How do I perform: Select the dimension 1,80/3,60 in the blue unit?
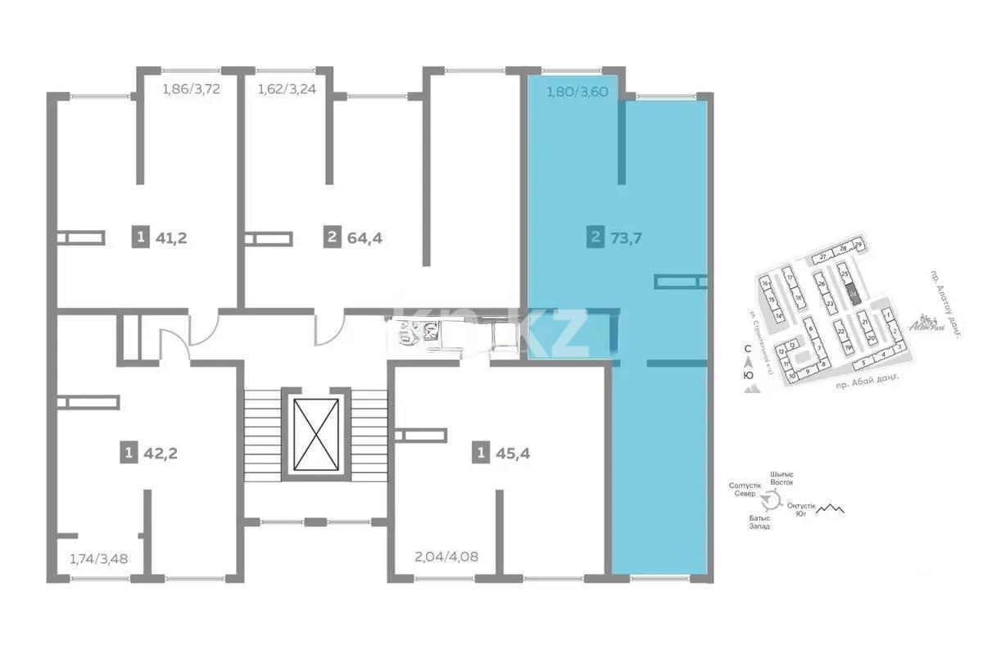[x=578, y=92]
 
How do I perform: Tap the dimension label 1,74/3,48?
[x=98, y=560]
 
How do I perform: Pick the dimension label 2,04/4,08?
[x=447, y=558]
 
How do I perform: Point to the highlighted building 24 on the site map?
[x=854, y=294]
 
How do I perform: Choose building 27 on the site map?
[x=824, y=257]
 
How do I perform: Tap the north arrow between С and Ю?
[x=746, y=363]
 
